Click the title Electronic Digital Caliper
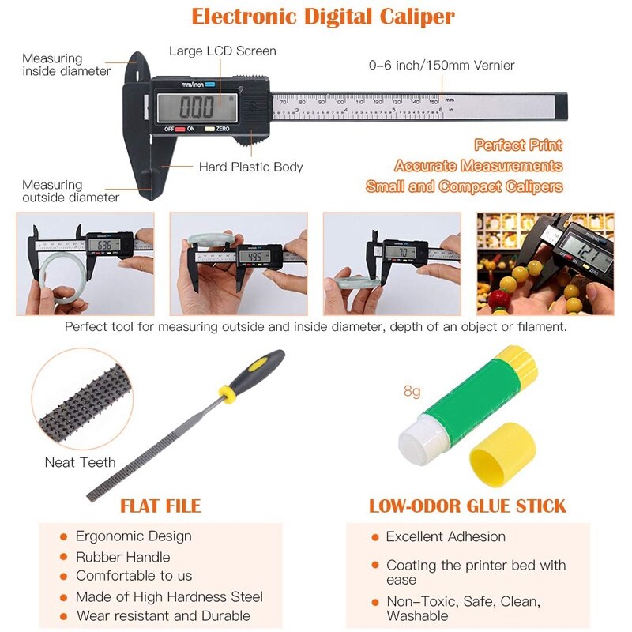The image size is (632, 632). click(323, 16)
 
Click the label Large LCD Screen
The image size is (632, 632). click(223, 51)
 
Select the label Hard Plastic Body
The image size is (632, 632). click(250, 167)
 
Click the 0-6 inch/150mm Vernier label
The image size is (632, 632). click(442, 65)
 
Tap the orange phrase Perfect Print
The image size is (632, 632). click(518, 145)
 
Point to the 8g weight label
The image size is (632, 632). click(412, 390)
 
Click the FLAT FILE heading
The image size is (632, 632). click(160, 506)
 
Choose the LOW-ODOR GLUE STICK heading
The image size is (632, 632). click(468, 506)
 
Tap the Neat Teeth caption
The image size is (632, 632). click(80, 462)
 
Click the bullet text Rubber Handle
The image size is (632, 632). click(122, 556)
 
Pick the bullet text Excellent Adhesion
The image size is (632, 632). click(446, 536)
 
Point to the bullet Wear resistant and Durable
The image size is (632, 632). click(163, 615)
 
